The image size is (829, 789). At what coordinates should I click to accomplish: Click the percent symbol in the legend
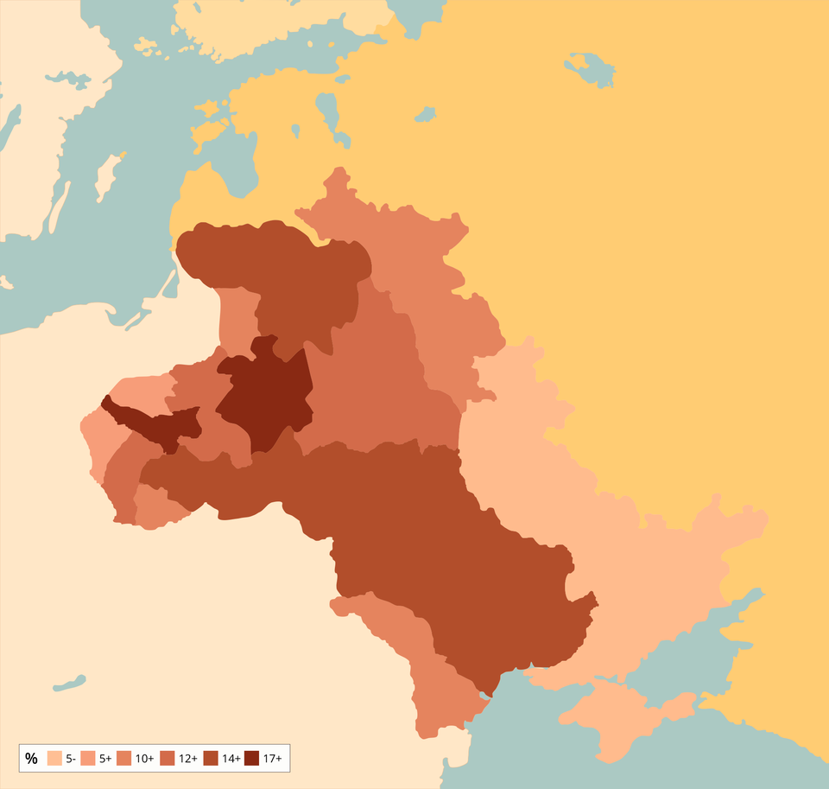32,759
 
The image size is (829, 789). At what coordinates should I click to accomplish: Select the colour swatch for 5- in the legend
54,759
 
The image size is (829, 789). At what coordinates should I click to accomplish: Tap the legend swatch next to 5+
87,759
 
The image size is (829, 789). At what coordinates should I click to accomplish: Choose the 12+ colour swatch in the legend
165,759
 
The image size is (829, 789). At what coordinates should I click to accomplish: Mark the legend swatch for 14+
210,759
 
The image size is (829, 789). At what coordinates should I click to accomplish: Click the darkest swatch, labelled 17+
251,759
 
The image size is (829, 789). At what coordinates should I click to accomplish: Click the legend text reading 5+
105,759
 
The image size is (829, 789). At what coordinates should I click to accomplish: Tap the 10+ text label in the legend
144,759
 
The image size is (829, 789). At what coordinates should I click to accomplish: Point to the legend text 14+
231,759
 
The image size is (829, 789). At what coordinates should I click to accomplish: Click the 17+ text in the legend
273,759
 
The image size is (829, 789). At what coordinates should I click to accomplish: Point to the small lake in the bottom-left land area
69,684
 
